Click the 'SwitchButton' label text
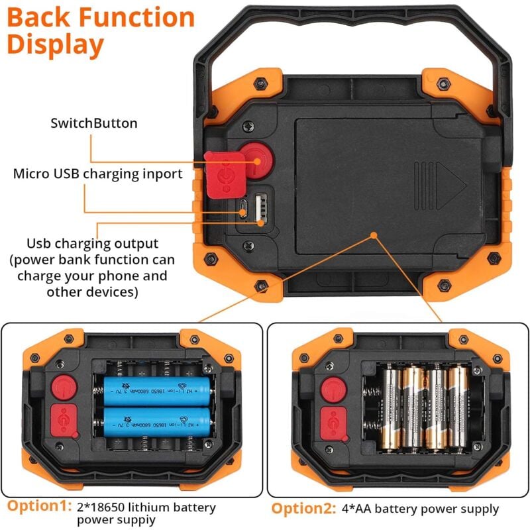pos(94,123)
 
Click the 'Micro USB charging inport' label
pos(97,174)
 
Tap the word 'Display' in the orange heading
pos(56,44)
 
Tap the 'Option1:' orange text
pos(38,506)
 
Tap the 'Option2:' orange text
pos(304,509)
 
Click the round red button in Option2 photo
pos(331,388)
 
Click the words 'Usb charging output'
pos(92,244)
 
